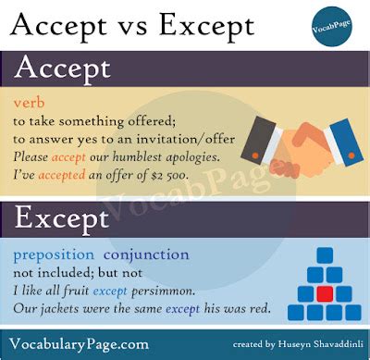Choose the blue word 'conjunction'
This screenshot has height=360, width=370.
pyautogui.click(x=147, y=253)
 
